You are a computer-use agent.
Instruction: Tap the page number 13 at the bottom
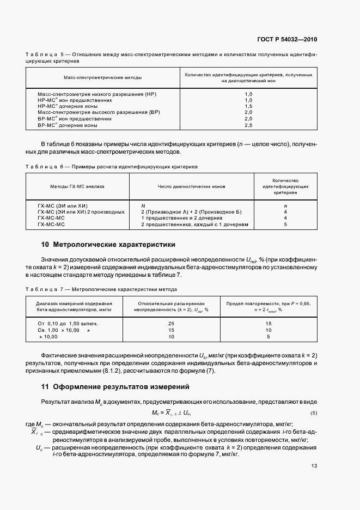(x=314, y=465)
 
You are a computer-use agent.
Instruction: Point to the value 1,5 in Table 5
(x=248, y=106)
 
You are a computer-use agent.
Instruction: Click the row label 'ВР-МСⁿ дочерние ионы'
(x=68, y=125)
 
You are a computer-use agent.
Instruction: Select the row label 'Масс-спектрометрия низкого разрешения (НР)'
(x=97, y=94)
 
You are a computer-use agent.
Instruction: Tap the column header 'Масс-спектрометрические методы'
(x=103, y=77)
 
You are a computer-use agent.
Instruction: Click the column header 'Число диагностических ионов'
(x=190, y=186)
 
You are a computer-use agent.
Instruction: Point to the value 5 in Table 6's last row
(x=285, y=224)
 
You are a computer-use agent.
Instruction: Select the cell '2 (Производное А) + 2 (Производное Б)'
(x=191, y=211)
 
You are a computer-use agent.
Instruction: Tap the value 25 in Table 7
(x=170, y=323)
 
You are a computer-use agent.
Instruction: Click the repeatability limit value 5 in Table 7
(x=268, y=337)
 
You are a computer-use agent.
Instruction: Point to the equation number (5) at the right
(x=313, y=412)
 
